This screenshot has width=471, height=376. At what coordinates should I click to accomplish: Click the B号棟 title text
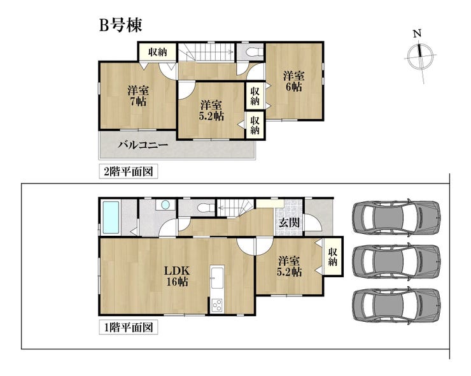point(120,25)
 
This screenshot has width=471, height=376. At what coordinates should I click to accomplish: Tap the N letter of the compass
point(418,34)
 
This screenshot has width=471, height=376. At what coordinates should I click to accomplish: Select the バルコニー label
point(143,145)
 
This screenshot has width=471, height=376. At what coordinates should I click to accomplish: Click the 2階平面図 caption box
point(129,172)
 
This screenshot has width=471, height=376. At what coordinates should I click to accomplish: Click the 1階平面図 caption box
point(129,327)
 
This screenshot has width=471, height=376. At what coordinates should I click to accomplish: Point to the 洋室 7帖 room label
point(138,96)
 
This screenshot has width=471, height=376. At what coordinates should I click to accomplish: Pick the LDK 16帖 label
point(177,276)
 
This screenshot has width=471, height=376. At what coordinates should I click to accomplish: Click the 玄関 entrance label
point(289,222)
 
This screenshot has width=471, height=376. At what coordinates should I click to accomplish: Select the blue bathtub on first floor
point(111,217)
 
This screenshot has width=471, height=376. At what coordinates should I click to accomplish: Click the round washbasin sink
point(165,205)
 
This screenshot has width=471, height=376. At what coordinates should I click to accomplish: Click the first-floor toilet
point(206,208)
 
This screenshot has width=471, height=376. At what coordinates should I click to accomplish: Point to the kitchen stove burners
point(217,306)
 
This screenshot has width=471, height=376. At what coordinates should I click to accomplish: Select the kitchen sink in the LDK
point(217,277)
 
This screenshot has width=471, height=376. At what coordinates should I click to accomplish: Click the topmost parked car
point(397,217)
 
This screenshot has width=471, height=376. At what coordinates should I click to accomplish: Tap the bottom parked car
point(397,305)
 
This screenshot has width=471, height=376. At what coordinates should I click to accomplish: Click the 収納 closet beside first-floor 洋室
point(333,257)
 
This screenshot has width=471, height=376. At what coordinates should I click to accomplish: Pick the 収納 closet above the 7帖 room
point(157,52)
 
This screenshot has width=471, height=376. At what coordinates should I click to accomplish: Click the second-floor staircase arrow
point(210,52)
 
